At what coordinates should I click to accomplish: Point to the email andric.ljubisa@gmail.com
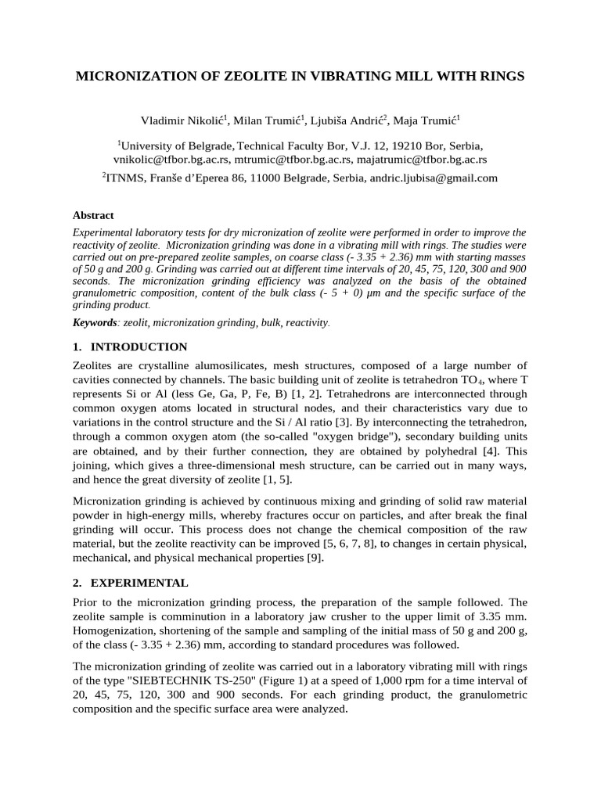click(x=434, y=178)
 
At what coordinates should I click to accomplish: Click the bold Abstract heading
click(x=93, y=215)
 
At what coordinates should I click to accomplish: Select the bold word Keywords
click(x=94, y=322)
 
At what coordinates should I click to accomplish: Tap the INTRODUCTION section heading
click(x=139, y=347)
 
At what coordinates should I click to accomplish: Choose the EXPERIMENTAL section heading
click(x=139, y=583)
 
